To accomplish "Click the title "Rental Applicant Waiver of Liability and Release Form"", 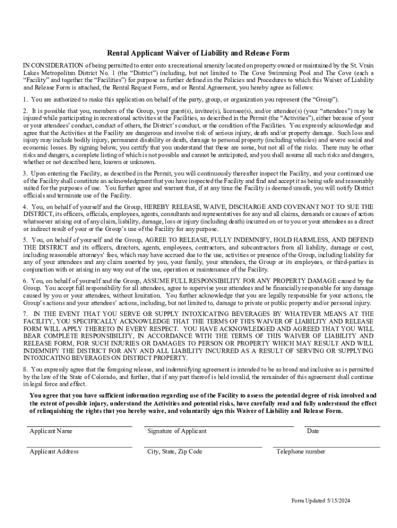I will click(x=198, y=53).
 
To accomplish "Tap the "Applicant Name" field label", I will click(x=51, y=431).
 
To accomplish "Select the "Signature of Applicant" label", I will click(x=176, y=431).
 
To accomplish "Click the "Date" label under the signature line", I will click(x=312, y=431).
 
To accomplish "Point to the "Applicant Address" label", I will click(x=54, y=452).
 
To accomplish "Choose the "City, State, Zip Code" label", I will click(x=174, y=452).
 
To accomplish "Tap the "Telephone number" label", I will click(x=301, y=452).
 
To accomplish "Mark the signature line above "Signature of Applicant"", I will click(x=219, y=427).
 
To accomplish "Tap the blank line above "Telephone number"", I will click(x=326, y=447).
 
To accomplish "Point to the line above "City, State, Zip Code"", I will click(x=203, y=447).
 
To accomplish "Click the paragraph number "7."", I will click(x=25, y=314).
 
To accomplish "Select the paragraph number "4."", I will click(x=25, y=207).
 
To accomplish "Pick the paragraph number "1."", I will click(x=25, y=99).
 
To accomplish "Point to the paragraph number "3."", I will click(x=25, y=173).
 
